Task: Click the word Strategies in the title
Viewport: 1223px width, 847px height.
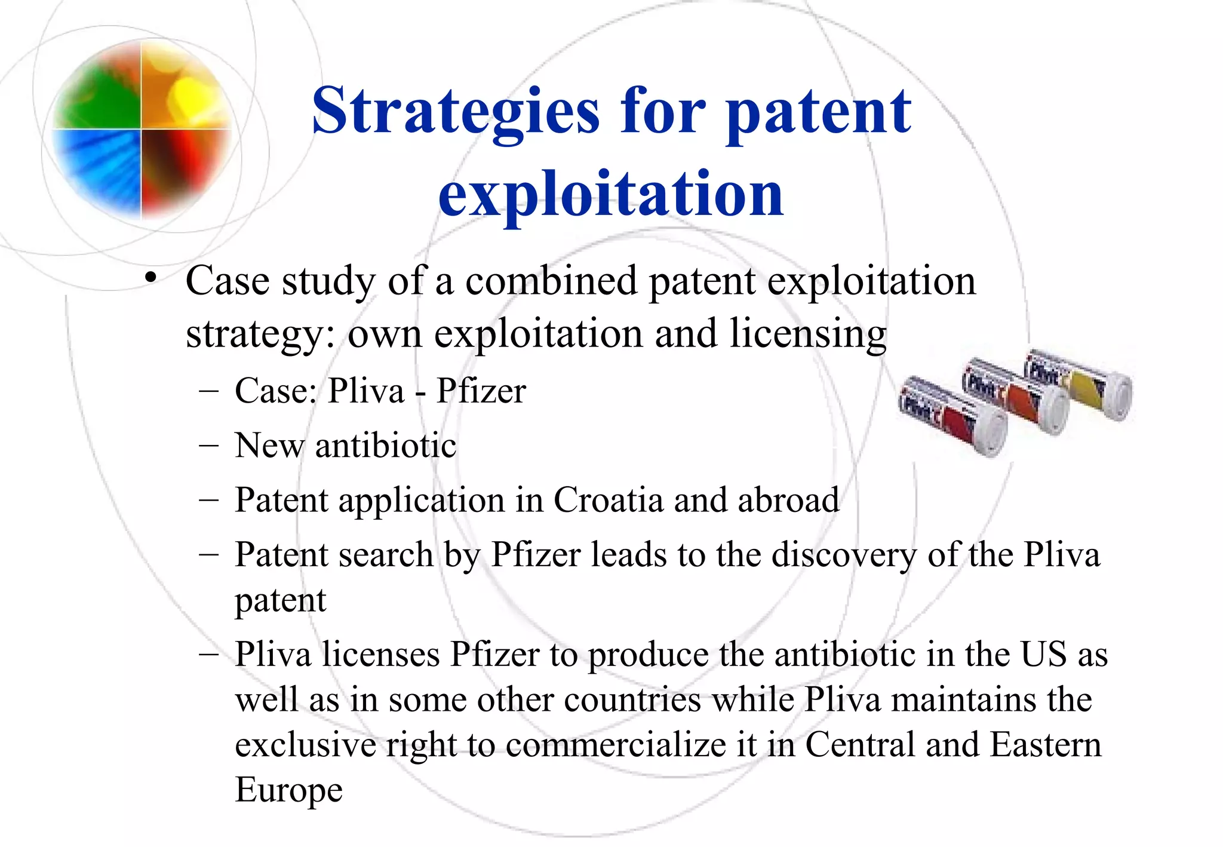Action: pyautogui.click(x=455, y=112)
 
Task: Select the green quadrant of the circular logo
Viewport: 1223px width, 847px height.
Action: pyautogui.click(x=99, y=90)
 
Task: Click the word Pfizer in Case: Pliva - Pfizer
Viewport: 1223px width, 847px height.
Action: pyautogui.click(x=481, y=392)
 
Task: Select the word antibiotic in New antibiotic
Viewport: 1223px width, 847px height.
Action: pyautogui.click(x=386, y=446)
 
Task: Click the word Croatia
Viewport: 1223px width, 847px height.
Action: pyautogui.click(x=608, y=501)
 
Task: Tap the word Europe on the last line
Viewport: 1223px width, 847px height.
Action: pyautogui.click(x=288, y=790)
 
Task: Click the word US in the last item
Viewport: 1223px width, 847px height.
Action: pyautogui.click(x=1043, y=655)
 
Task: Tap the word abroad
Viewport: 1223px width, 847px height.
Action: pyautogui.click(x=788, y=501)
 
